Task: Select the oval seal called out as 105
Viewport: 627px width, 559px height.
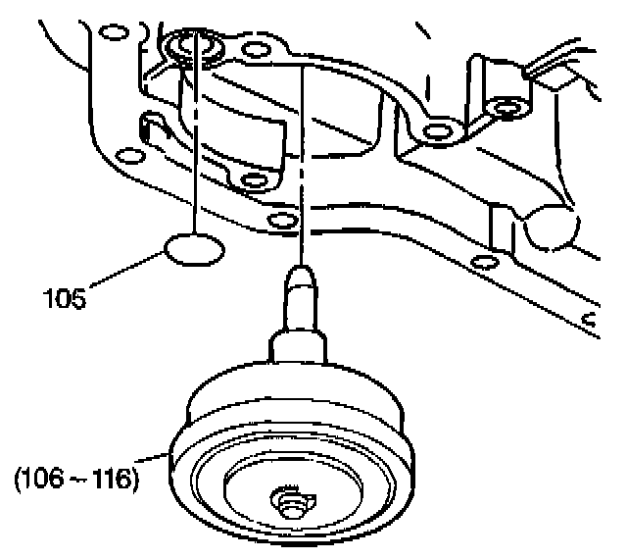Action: coord(192,250)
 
